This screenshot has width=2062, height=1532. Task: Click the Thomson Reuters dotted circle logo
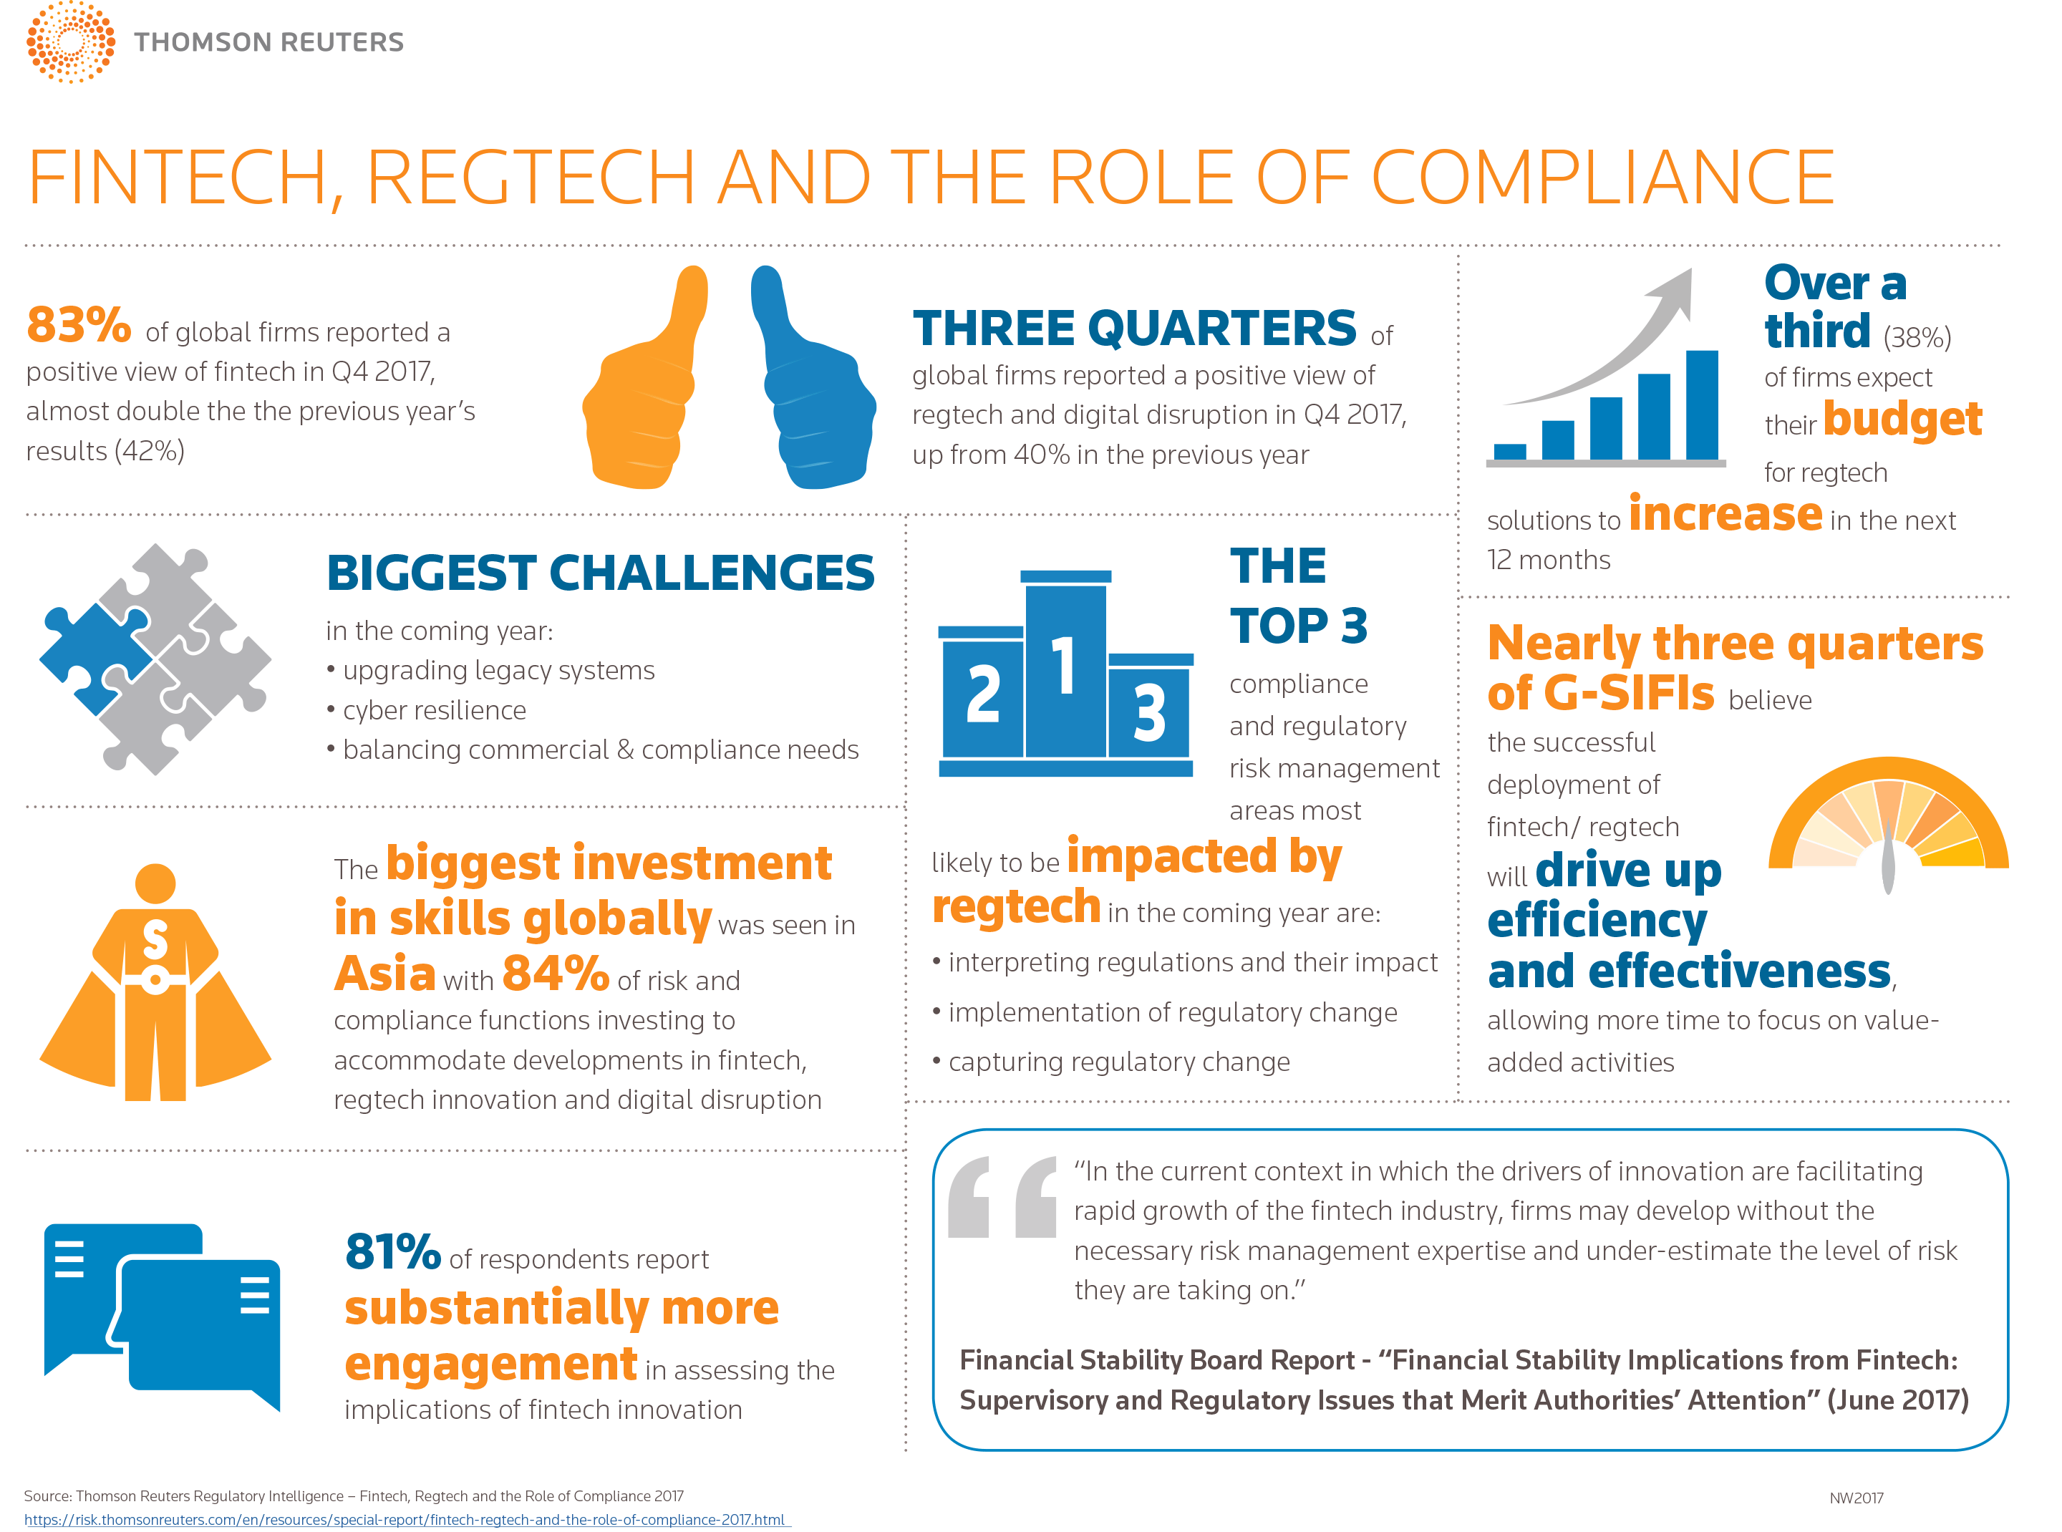(70, 42)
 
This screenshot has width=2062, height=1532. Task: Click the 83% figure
(79, 324)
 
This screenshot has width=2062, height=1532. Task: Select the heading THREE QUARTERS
(1133, 329)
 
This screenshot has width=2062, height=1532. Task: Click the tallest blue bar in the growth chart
(1700, 404)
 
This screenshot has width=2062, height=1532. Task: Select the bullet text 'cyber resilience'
(434, 710)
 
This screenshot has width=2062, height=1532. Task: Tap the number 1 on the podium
(1064, 666)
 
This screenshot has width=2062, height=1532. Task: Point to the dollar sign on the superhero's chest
(155, 941)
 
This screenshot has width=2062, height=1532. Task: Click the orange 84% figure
(555, 974)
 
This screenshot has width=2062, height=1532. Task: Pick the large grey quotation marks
(1002, 1197)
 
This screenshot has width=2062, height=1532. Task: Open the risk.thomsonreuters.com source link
(405, 1520)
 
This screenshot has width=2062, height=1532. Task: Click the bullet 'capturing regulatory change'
(1118, 1062)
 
